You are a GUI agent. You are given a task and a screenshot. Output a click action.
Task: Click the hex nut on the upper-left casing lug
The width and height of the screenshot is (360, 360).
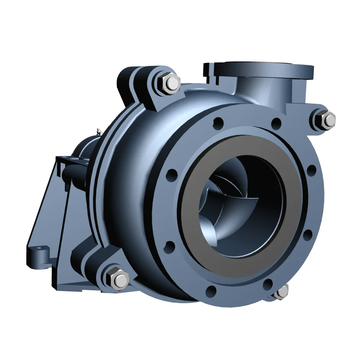(x=173, y=83)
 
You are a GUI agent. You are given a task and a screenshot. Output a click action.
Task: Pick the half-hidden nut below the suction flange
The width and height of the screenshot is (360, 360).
(x=282, y=291)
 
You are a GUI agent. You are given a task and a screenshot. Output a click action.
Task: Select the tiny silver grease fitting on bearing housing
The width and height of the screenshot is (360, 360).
(x=98, y=131)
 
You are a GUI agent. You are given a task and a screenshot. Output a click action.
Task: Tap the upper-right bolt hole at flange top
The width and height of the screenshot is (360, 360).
(x=276, y=123)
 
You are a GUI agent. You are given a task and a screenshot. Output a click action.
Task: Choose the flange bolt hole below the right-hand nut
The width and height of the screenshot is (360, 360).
(x=311, y=170)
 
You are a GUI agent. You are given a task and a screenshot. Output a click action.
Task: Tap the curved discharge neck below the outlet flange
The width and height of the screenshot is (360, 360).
(x=259, y=92)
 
